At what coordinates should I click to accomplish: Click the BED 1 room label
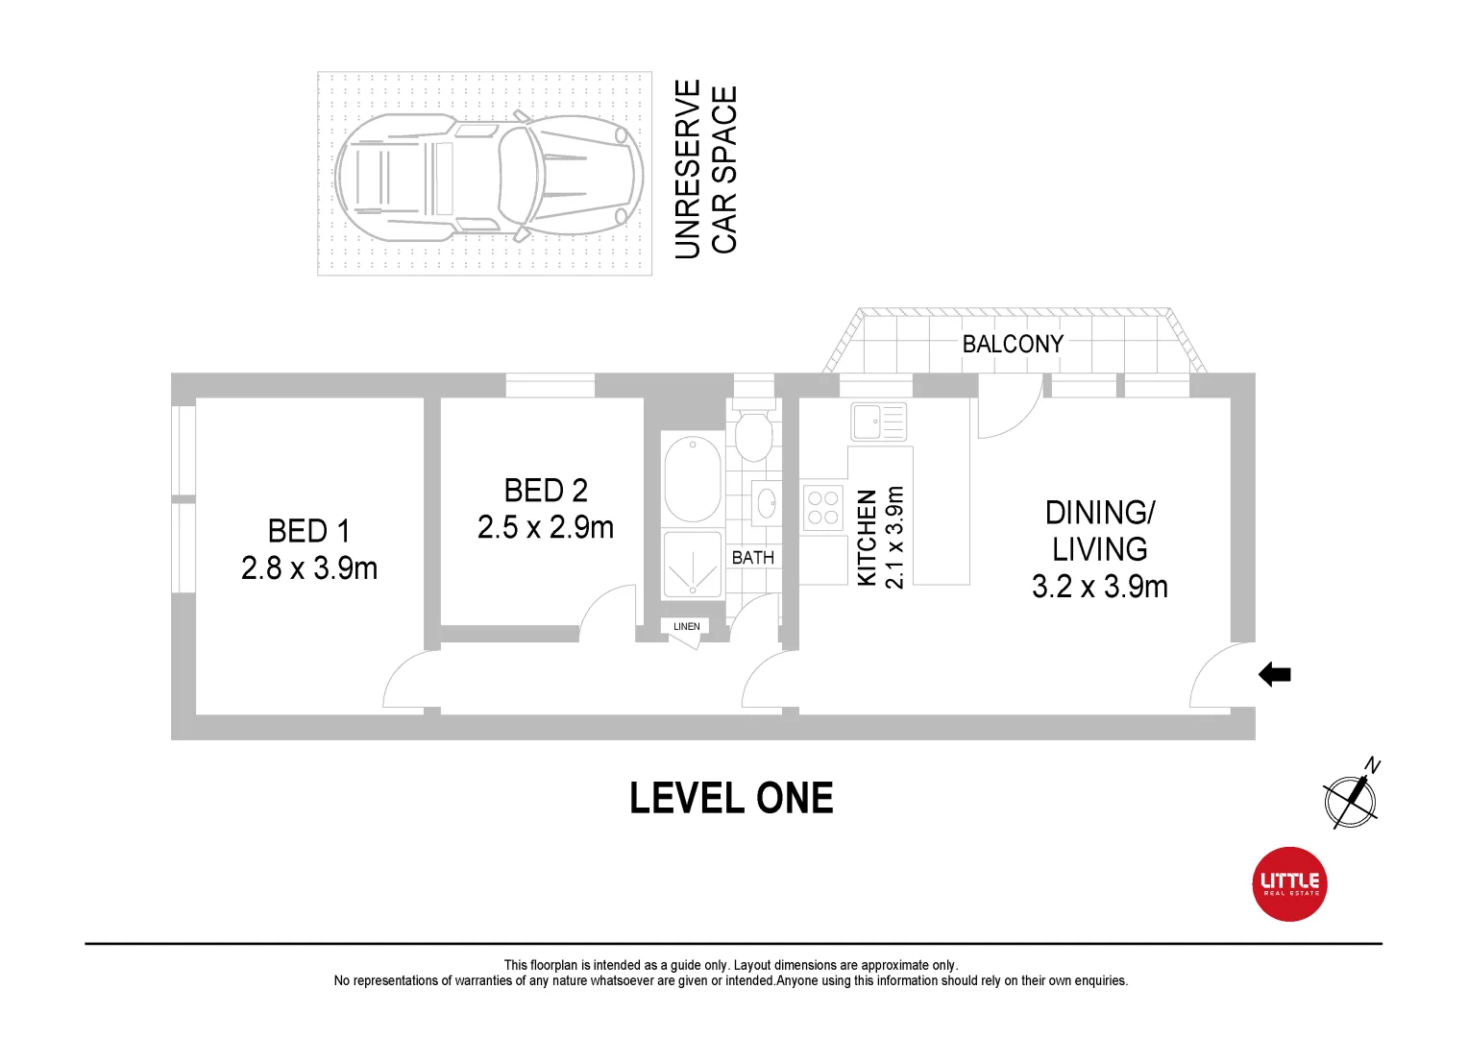coord(308,531)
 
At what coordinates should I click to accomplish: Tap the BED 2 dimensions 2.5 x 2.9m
coord(545,527)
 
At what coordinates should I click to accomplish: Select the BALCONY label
coord(1013,344)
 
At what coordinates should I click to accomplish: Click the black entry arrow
coord(1274,675)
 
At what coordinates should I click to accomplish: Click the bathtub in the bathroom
coord(692,479)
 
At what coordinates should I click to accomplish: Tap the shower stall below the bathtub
coord(692,566)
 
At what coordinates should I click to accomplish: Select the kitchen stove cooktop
coord(822,508)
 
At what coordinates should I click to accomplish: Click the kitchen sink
coord(878,422)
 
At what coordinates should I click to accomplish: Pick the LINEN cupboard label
coord(686,627)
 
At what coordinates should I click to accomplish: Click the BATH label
coord(752,558)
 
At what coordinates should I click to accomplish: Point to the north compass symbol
coord(1351,797)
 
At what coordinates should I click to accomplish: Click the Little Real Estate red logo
coord(1289,884)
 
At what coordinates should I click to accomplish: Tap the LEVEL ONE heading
coord(731,799)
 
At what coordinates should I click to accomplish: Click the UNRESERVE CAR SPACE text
coord(705,170)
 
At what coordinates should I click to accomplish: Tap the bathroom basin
coord(766,502)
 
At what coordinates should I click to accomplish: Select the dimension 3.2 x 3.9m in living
coord(1099,587)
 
